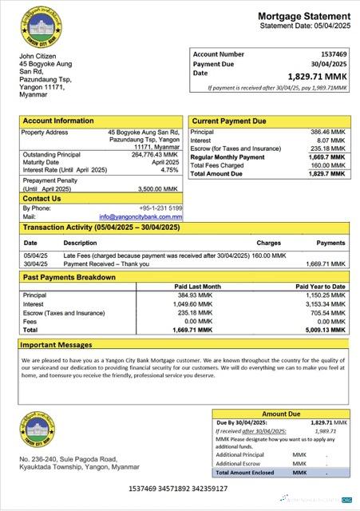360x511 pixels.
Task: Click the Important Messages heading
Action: tap(57, 346)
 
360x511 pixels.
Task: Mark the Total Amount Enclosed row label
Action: tap(244, 473)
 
